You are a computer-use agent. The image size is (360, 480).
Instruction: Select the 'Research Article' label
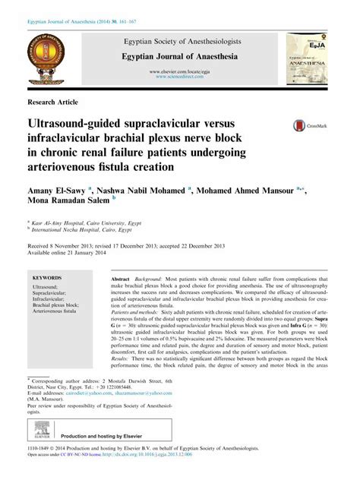click(52, 101)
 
